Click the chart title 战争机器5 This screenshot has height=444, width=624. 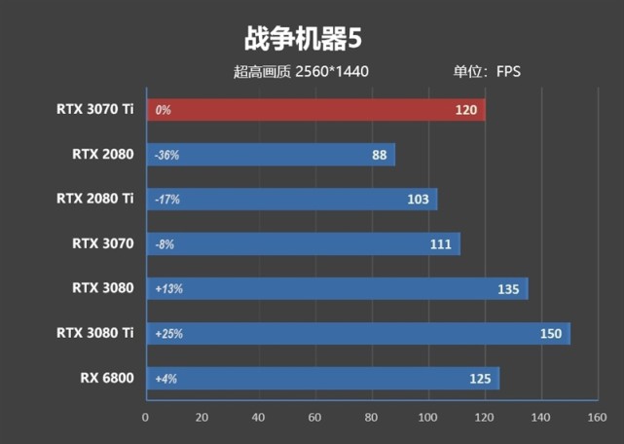click(x=303, y=40)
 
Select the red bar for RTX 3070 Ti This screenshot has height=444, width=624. click(x=315, y=110)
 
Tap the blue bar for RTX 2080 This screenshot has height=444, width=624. click(x=271, y=155)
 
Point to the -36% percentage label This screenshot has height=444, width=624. click(x=166, y=155)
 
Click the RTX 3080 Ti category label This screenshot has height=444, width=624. click(x=94, y=333)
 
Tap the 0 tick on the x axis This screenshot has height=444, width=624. click(x=146, y=417)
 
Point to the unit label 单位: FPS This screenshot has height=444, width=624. click(x=487, y=71)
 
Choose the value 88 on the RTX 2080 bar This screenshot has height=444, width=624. click(x=379, y=155)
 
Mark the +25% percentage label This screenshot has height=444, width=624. click(x=168, y=334)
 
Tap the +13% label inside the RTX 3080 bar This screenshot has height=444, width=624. click(x=168, y=289)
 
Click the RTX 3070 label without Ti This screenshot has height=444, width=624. click(x=102, y=243)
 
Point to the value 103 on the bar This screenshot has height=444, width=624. click(x=419, y=200)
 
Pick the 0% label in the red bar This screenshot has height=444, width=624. click(x=163, y=110)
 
